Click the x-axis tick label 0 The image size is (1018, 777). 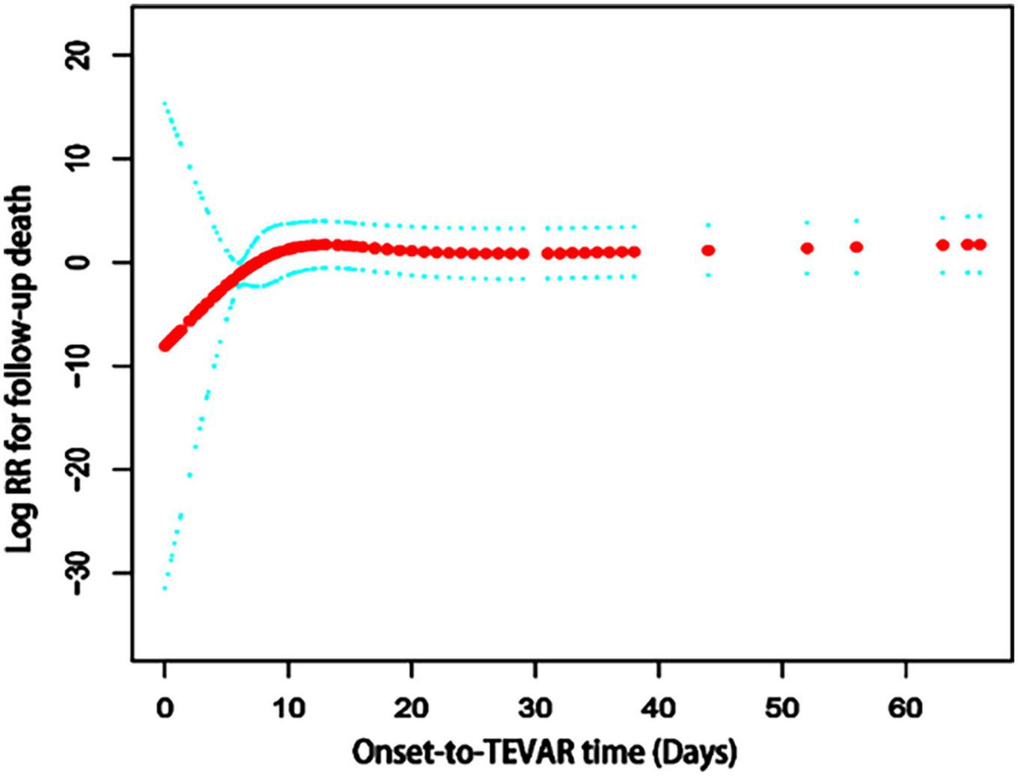click(164, 707)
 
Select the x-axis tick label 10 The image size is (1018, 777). click(287, 707)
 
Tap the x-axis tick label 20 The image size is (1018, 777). click(411, 707)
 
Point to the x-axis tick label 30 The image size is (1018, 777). click(534, 707)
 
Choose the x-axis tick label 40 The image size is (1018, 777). click(658, 707)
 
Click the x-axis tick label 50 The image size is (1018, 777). click(781, 707)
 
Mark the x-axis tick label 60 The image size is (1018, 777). click(905, 707)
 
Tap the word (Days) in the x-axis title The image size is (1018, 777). click(695, 753)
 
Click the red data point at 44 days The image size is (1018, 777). click(707, 251)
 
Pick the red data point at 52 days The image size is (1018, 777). click(806, 248)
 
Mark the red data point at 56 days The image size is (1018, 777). click(856, 247)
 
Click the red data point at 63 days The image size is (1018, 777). click(942, 245)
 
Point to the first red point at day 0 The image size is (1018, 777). click(165, 345)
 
